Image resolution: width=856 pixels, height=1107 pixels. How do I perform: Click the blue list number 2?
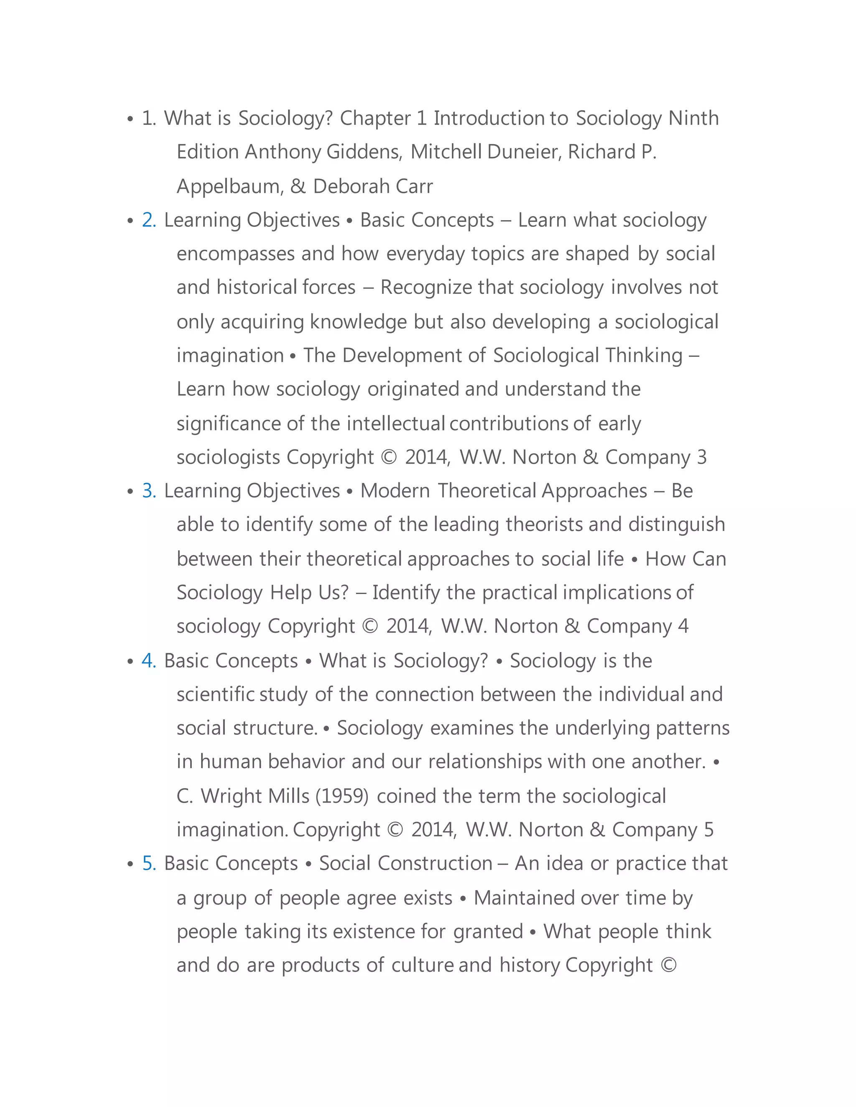click(x=148, y=220)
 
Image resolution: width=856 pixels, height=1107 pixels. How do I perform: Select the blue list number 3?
click(x=148, y=491)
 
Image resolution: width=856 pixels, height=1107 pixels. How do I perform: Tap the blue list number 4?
click(x=148, y=660)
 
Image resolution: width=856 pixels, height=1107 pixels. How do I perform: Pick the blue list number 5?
click(x=148, y=863)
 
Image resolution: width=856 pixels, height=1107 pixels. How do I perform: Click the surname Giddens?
click(x=364, y=152)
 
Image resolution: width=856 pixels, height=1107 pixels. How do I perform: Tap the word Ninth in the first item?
click(x=693, y=118)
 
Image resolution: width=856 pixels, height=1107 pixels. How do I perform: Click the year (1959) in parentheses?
click(x=342, y=796)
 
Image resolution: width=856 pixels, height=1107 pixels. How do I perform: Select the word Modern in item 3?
click(x=395, y=491)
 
